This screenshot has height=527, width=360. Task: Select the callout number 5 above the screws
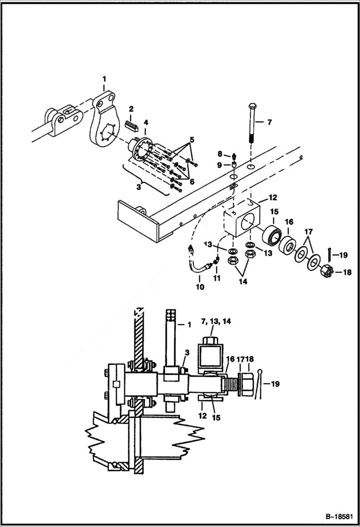tap(192, 140)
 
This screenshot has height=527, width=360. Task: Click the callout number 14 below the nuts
tap(243, 282)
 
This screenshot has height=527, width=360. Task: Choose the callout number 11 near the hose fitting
tap(216, 278)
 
